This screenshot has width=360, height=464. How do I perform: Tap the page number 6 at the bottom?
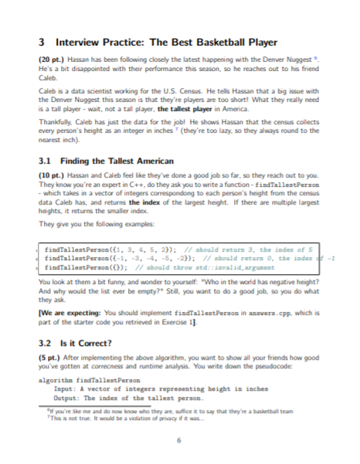[x=179, y=441]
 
